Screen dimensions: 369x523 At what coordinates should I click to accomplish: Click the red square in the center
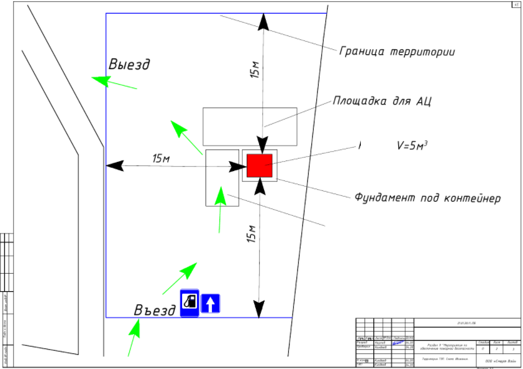tap(260, 166)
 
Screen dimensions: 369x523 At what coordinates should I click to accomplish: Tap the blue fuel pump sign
tap(189, 302)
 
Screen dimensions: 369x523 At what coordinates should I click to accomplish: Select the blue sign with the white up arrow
tap(211, 303)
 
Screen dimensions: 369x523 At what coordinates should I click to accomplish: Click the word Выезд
tap(129, 65)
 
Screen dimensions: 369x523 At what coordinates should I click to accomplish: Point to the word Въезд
tap(155, 311)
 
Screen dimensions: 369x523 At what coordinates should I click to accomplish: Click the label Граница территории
tap(397, 52)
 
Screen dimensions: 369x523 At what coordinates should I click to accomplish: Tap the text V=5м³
tap(412, 146)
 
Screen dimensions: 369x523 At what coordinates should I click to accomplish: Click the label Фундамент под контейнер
tap(427, 198)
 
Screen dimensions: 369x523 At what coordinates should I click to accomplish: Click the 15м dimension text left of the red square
tap(161, 158)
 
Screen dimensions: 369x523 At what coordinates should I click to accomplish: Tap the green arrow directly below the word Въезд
tap(134, 336)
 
